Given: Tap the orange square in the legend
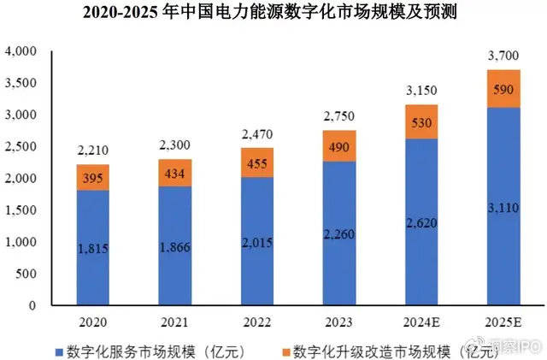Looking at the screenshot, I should pos(284,351).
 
